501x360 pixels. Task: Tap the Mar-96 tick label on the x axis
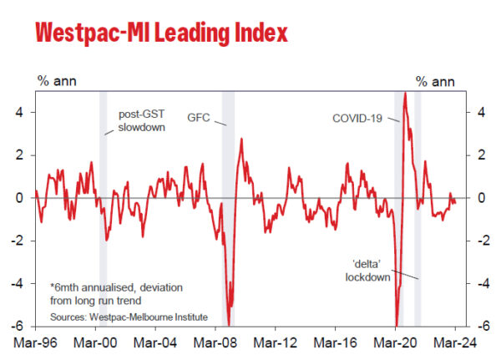click(36, 342)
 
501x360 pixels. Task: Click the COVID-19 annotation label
click(356, 119)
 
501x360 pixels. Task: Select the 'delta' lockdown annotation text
click(367, 271)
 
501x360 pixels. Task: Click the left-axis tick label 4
click(28, 112)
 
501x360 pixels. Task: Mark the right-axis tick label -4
click(472, 283)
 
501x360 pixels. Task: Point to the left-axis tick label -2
click(25, 241)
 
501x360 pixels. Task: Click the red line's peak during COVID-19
click(405, 94)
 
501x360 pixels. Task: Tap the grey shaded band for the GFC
click(228, 209)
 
